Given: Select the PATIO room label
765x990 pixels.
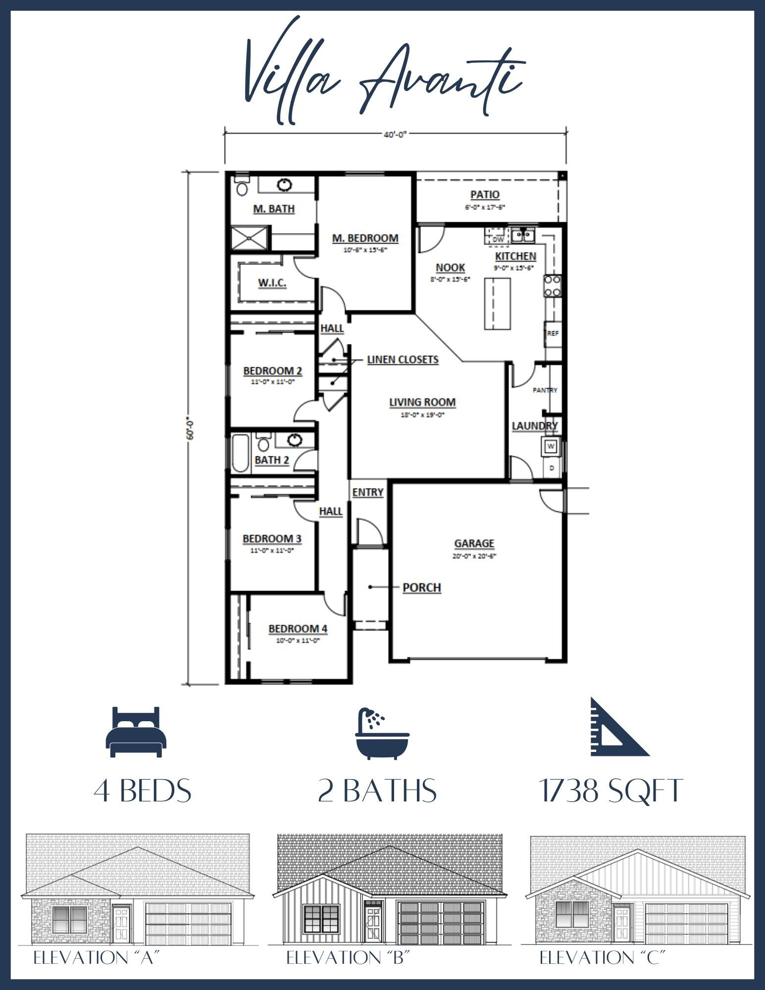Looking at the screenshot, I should tap(485, 195).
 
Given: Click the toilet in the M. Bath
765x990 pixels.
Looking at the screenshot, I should tap(242, 187).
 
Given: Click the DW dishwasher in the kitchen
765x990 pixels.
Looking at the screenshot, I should tap(498, 240).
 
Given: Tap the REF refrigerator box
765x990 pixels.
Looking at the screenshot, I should tap(553, 334).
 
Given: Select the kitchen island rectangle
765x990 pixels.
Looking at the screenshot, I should tap(497, 303).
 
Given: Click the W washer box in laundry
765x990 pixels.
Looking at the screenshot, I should tap(551, 446).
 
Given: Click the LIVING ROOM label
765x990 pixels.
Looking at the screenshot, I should tap(422, 402).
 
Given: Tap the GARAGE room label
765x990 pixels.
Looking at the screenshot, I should tap(474, 544).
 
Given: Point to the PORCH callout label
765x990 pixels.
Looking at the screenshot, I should tap(421, 588).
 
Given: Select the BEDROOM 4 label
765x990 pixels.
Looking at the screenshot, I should tap(298, 629).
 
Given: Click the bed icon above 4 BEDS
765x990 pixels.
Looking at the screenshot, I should tap(136, 732).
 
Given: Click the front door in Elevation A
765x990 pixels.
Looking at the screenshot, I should tap(121, 924).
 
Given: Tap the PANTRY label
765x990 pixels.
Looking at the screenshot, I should tap(545, 390).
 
